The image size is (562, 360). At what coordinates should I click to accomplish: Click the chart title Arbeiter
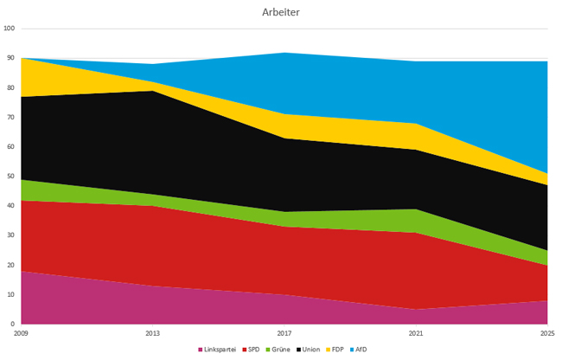[281, 12]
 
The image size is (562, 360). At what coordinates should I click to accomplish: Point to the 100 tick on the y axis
[10, 29]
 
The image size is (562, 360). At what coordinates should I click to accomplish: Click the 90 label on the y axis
[11, 58]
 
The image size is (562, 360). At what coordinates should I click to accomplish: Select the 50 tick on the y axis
[11, 177]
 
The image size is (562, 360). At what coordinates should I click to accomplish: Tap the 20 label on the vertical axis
[11, 265]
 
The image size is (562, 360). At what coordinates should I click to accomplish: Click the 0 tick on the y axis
[13, 325]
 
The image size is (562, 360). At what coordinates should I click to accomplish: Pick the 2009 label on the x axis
[22, 332]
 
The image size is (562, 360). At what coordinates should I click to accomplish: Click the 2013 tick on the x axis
[153, 332]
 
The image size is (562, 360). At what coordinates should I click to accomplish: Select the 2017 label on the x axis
[284, 332]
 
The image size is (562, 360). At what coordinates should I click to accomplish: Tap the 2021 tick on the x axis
[416, 332]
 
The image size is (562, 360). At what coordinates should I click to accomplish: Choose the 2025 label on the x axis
[546, 332]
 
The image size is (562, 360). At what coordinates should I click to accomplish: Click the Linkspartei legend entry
[218, 350]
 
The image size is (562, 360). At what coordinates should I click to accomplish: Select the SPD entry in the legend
[251, 350]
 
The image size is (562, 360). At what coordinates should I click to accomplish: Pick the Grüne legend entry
[277, 350]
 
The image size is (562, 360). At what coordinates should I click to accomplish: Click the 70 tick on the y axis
[11, 117]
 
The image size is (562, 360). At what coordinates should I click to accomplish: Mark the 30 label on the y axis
[11, 235]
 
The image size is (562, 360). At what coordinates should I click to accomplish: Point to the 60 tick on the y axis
[11, 147]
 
